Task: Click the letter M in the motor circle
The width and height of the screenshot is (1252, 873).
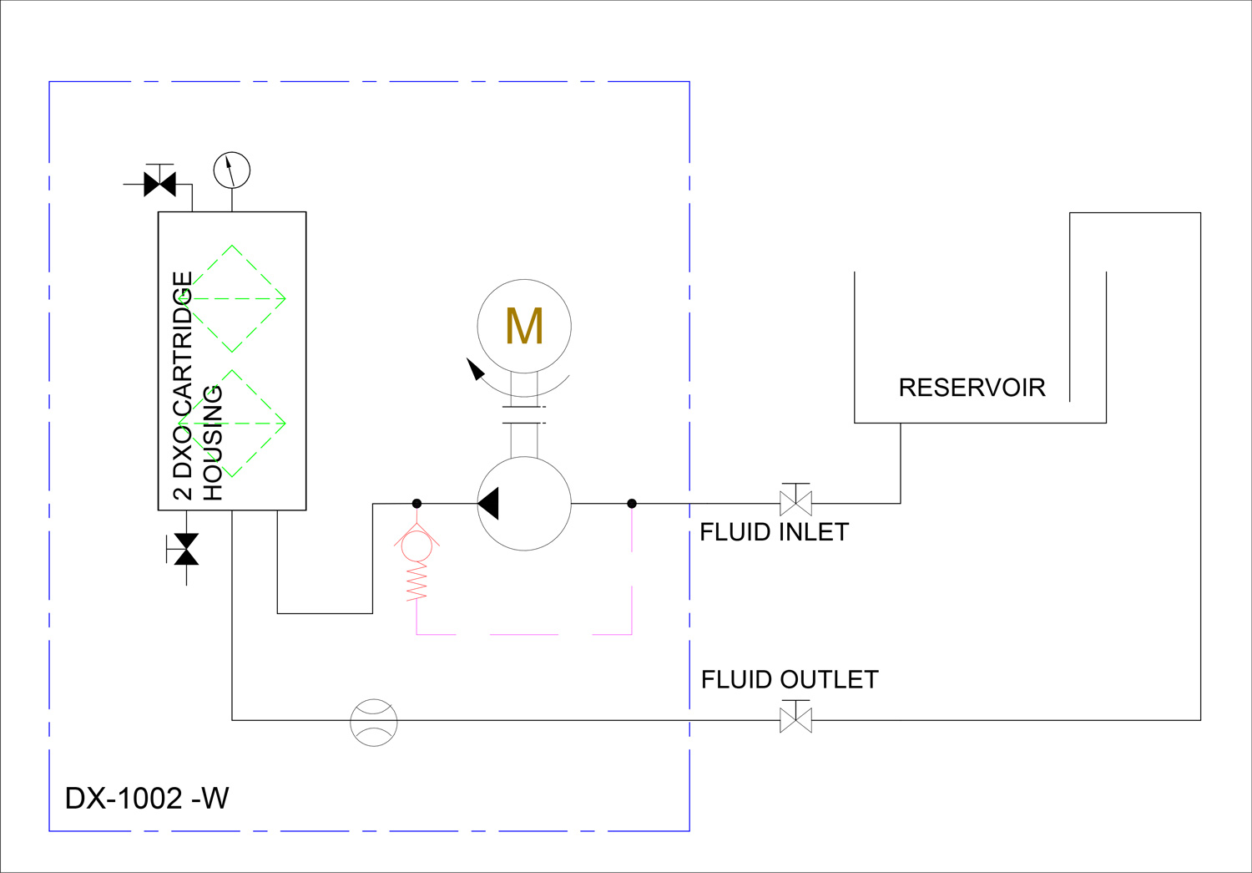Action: click(x=523, y=326)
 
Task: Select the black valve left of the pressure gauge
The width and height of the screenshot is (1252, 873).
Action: click(x=160, y=184)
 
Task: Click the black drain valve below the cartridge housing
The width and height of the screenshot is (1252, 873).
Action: click(x=186, y=549)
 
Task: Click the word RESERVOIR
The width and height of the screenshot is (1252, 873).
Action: click(x=972, y=388)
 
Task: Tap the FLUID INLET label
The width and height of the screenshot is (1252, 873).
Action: click(x=774, y=532)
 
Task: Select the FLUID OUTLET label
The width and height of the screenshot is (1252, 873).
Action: click(x=790, y=679)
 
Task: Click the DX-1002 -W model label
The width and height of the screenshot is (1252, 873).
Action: click(x=147, y=798)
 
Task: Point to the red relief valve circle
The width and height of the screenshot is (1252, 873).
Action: click(x=416, y=546)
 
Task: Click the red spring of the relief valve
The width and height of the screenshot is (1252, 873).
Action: click(x=416, y=581)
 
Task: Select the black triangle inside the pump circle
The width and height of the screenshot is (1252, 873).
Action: click(x=488, y=503)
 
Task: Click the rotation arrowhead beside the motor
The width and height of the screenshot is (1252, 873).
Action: click(x=475, y=369)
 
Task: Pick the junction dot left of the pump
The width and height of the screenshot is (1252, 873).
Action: click(x=416, y=504)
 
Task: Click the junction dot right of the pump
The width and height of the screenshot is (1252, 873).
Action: click(x=632, y=504)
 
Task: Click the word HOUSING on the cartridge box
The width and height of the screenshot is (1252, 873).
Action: click(x=212, y=443)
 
